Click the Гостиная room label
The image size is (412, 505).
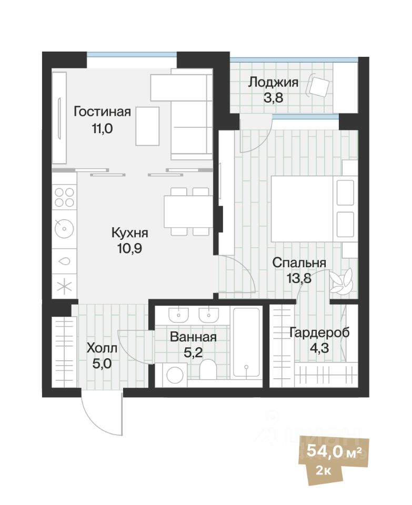point(102,112)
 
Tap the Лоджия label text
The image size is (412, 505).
point(273,82)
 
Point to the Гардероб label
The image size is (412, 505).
point(319,332)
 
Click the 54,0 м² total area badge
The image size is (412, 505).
point(329,451)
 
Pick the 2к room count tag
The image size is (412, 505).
point(324,470)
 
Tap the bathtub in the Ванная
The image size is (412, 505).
point(246,342)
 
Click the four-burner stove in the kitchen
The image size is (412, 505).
point(64,198)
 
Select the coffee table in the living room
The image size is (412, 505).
point(147,126)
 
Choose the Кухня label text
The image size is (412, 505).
point(130,233)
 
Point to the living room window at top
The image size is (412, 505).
point(132,54)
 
